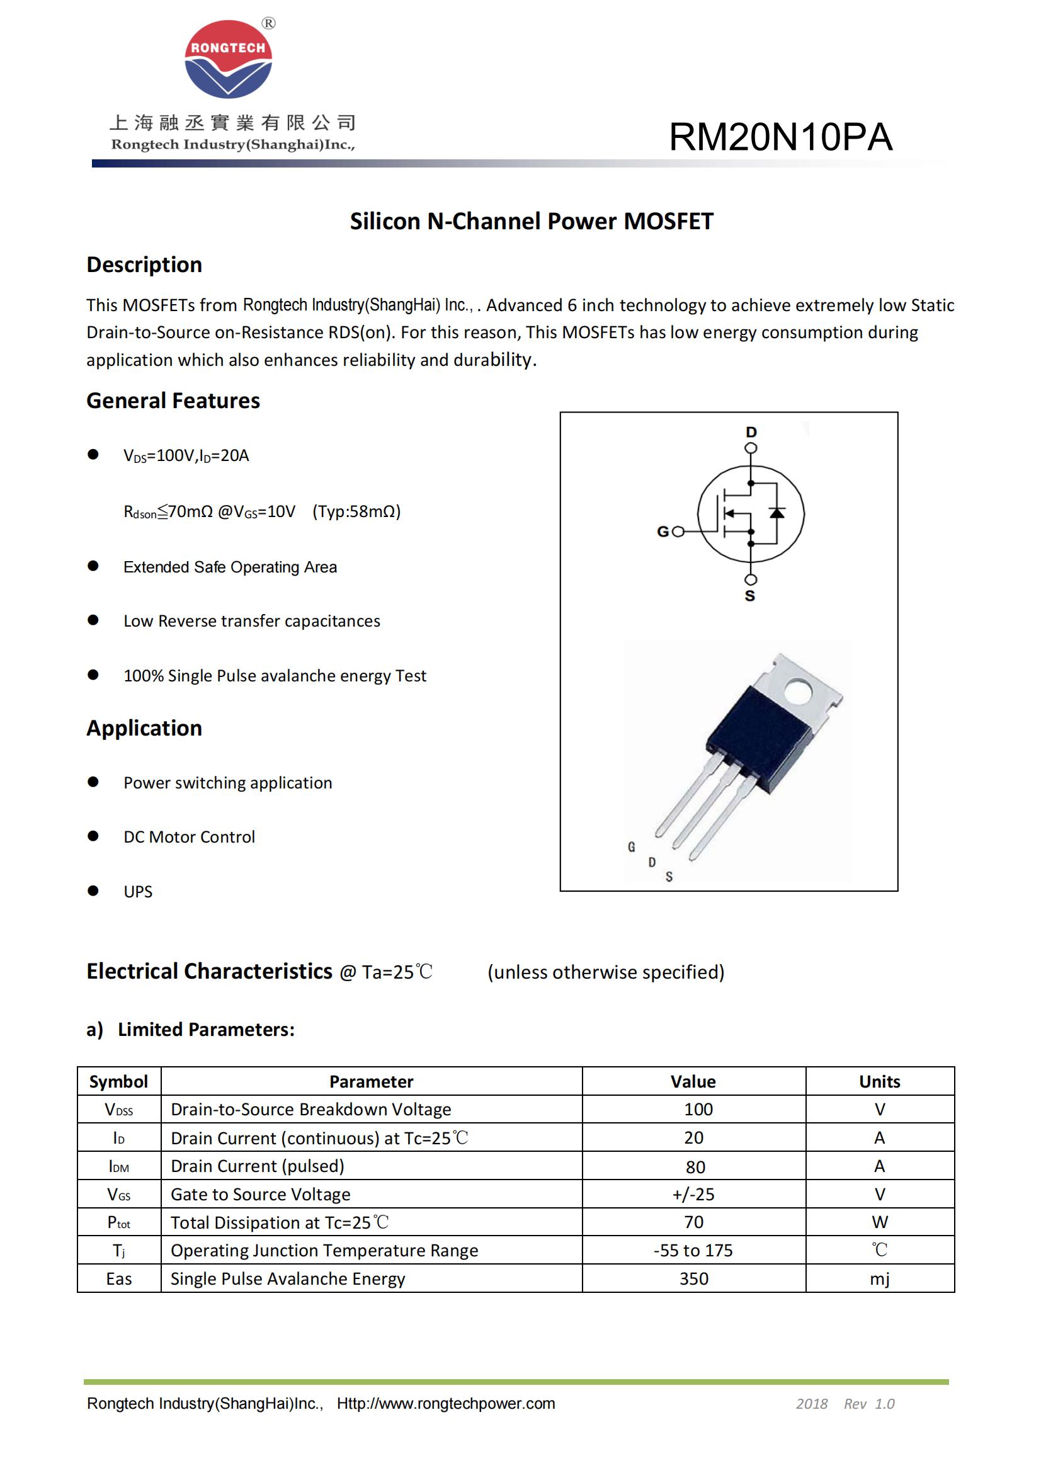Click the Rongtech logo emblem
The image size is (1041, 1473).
[x=229, y=59]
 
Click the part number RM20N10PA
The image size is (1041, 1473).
[x=780, y=137]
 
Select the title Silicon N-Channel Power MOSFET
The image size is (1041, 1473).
[x=531, y=221]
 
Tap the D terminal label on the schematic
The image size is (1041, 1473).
[x=751, y=432]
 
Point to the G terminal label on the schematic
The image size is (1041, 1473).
[x=663, y=532]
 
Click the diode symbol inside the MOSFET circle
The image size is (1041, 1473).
[x=776, y=512]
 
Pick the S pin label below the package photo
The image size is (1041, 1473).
[x=669, y=877]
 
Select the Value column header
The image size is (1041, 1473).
[x=693, y=1082]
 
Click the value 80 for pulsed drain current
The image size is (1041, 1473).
[x=695, y=1167]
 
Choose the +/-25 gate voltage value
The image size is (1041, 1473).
[x=693, y=1195]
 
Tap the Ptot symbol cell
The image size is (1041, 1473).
[x=118, y=1223]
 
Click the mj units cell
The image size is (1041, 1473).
[x=879, y=1279]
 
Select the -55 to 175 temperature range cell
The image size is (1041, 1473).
[x=693, y=1251]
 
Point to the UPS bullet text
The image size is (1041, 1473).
[x=138, y=892]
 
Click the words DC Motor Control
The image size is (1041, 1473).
[x=189, y=837]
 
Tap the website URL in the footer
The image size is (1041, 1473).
[x=446, y=1404]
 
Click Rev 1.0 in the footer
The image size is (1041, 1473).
[x=869, y=1404]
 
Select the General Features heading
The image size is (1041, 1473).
[x=173, y=401]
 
